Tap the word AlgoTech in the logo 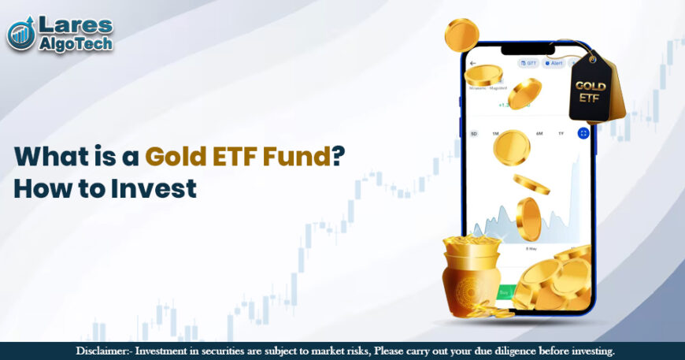click(76, 43)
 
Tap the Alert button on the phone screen click(553, 63)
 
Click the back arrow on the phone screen click(473, 63)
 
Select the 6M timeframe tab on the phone click(539, 134)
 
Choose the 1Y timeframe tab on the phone click(560, 134)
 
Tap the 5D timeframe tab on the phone click(474, 134)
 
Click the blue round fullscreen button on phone click(583, 134)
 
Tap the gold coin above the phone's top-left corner click(461, 35)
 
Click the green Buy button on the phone click(503, 292)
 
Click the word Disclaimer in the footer click(106, 351)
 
